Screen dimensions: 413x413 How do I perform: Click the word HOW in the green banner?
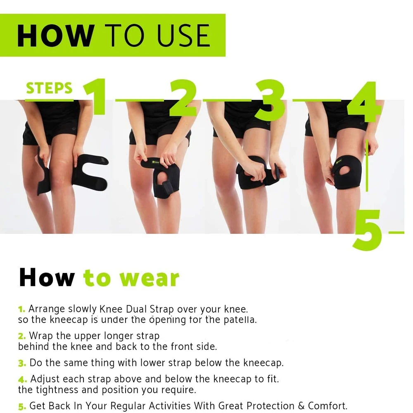[56, 36]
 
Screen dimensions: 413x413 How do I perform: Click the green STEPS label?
[49, 88]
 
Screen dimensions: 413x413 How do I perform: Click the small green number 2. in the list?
[22, 336]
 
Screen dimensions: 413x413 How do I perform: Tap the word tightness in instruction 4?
[54, 389]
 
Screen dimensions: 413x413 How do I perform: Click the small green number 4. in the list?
[22, 379]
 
